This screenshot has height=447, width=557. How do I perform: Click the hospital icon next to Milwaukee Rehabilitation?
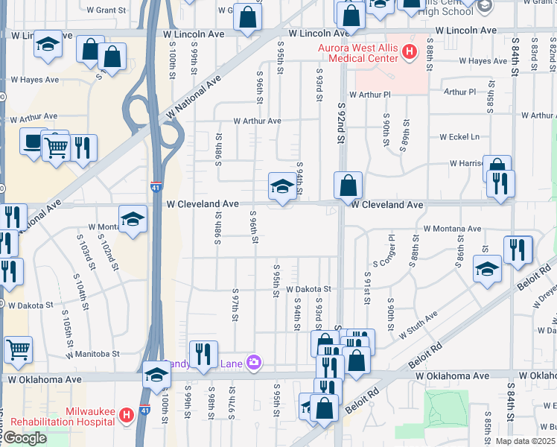[x=127, y=413]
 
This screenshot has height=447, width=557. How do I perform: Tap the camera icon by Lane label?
[x=255, y=362]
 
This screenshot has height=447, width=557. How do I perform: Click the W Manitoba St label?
[x=92, y=355]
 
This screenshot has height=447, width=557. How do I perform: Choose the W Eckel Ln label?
[x=459, y=137]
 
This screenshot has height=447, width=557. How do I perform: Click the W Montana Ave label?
[x=452, y=229]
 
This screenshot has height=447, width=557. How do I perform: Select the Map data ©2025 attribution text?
[x=524, y=441]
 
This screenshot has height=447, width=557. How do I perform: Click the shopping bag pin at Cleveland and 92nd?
[x=348, y=186]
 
